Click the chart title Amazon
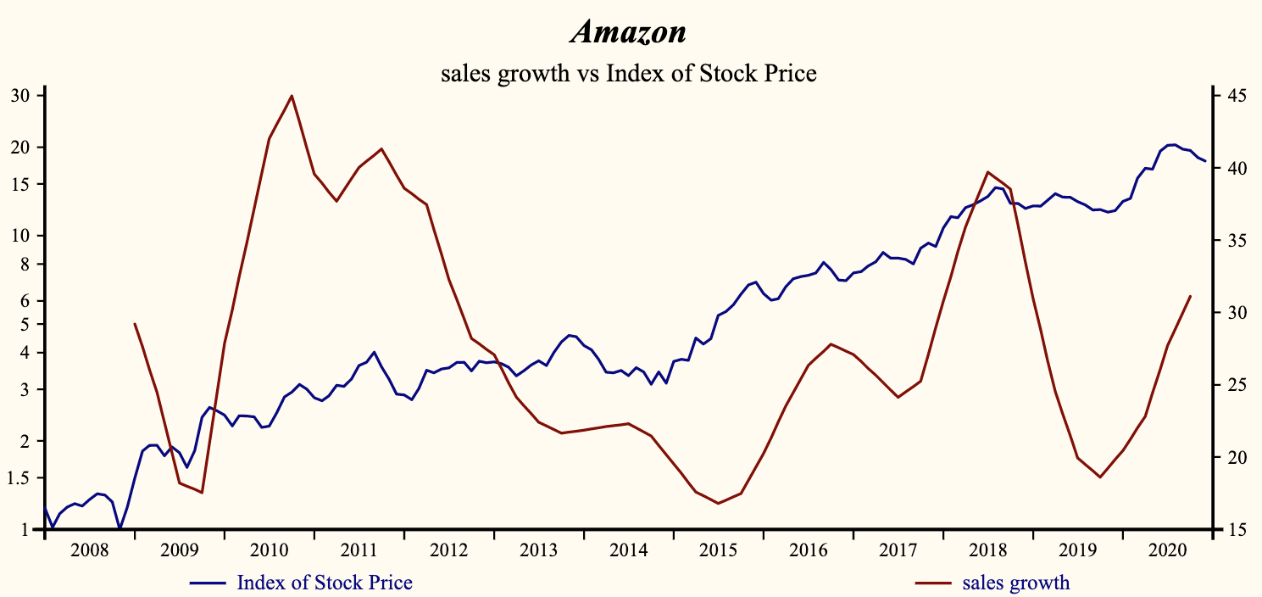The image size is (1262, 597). point(628,32)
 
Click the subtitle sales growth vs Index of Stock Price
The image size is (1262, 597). point(628,73)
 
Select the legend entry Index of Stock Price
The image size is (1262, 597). point(324,583)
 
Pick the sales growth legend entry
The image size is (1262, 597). point(1015,583)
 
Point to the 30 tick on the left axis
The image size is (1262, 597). point(19,96)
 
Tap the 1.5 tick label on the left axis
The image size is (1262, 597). point(19,478)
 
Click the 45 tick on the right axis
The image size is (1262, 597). point(1231,96)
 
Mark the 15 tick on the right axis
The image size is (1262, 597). point(1231,530)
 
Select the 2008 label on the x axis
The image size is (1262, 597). point(90,550)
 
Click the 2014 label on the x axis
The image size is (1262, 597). point(629,550)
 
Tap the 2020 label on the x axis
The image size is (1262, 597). point(1167,550)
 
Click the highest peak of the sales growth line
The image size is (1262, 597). point(292,96)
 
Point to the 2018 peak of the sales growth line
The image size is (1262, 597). point(988,172)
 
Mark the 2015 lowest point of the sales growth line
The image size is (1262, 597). point(718,504)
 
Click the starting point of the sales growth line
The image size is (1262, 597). point(135,324)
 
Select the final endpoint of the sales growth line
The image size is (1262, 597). point(1191,296)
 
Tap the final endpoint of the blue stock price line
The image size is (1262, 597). point(1205,161)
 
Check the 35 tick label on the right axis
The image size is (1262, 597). point(1231,241)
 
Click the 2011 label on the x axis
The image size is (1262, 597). point(359,550)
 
